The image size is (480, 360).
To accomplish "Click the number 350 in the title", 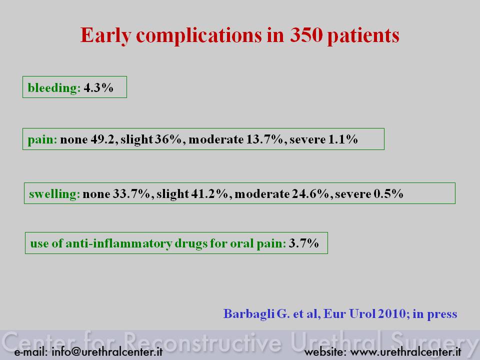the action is [306, 34].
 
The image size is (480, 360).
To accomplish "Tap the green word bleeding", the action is [54, 88].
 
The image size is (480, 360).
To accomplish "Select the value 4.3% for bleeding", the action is [98, 87].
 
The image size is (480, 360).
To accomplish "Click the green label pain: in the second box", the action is [42, 140].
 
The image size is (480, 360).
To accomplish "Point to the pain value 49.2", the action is [102, 139].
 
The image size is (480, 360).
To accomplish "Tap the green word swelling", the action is [54, 194].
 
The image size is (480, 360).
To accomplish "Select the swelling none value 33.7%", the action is [131, 194].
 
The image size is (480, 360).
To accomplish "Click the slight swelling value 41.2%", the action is [209, 194].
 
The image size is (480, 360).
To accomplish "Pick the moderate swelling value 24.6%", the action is [310, 194].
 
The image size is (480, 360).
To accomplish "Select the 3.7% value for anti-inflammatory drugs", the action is [303, 243].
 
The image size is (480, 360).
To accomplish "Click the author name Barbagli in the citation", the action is [249, 314].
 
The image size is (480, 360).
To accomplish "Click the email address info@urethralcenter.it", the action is [107, 351].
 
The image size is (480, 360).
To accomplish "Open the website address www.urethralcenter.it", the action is [405, 352].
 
